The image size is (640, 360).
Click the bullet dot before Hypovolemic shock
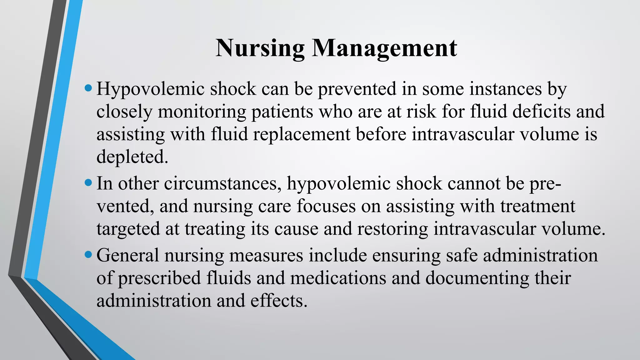tap(88, 88)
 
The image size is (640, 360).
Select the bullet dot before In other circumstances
tap(88, 183)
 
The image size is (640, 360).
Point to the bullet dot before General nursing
tap(88, 255)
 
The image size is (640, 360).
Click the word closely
tap(124, 112)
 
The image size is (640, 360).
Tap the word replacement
tap(302, 134)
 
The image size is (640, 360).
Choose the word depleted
tap(132, 157)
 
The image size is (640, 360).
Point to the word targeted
tap(128, 229)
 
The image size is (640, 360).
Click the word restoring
tap(392, 229)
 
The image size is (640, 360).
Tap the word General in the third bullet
tap(128, 255)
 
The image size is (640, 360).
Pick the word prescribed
tap(159, 278)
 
